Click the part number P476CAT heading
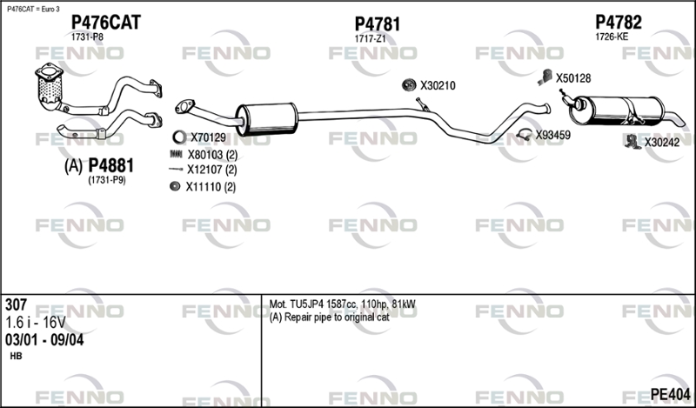[105, 22]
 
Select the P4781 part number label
[378, 24]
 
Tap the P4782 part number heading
[619, 23]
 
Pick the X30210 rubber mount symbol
[408, 85]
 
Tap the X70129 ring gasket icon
[177, 137]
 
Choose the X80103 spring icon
[176, 154]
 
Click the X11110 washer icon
[176, 186]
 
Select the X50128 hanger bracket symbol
[543, 77]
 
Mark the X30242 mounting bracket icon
[632, 141]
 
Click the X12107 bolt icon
[176, 170]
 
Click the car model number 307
[16, 305]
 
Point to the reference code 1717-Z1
[370, 39]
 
